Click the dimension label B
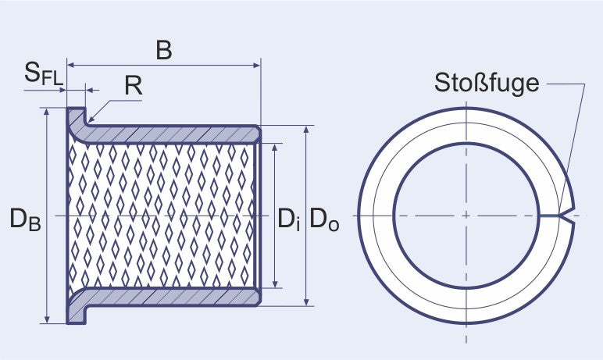click(x=164, y=50)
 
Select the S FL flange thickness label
click(x=44, y=73)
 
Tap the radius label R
click(x=134, y=86)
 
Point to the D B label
click(x=25, y=219)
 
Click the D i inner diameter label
click(x=288, y=219)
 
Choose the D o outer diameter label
click(x=324, y=219)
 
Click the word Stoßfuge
click(x=487, y=84)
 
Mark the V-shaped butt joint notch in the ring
click(x=569, y=216)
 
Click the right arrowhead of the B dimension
click(x=256, y=66)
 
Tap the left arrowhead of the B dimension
click(x=72, y=66)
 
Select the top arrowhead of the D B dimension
click(x=47, y=112)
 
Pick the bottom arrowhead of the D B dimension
click(x=47, y=319)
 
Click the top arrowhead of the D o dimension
click(x=306, y=130)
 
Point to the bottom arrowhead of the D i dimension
click(x=275, y=283)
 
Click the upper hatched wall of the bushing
click(x=169, y=134)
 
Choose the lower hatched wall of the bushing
click(x=169, y=297)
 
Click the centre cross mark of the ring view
click(x=466, y=216)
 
